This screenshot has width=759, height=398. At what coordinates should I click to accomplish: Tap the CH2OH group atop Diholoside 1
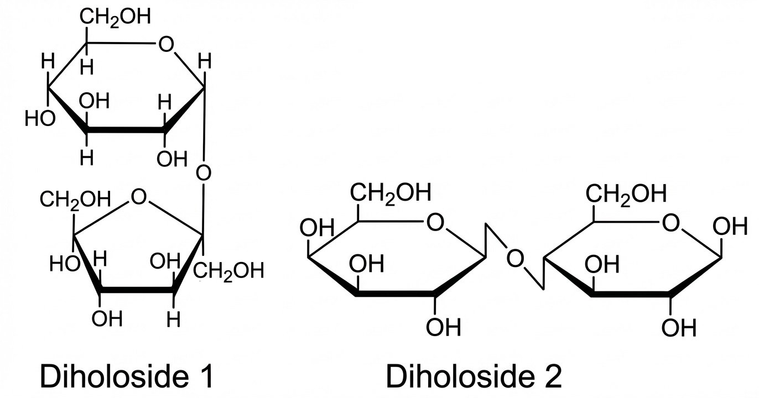coord(115,17)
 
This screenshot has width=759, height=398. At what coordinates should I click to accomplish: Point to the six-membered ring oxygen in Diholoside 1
coord(165,44)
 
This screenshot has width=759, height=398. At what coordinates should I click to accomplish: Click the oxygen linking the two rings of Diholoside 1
coord(204,173)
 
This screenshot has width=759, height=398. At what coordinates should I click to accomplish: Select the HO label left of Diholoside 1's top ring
coord(40,118)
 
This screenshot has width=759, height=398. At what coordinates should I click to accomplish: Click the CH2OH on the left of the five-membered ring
coord(75,198)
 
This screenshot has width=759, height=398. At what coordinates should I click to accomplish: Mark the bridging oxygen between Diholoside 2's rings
coord(515,258)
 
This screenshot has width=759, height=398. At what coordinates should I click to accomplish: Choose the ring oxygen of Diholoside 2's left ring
coord(435,223)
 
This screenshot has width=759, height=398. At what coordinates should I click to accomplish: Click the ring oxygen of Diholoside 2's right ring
coord(670,223)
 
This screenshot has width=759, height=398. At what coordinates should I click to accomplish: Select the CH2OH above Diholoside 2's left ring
coord(389,193)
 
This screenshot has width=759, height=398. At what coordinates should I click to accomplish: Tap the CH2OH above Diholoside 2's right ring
coord(627,193)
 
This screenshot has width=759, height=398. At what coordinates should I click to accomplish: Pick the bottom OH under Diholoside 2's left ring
coord(443,327)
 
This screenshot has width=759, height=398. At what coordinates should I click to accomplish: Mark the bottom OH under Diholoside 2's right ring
coord(679,327)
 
